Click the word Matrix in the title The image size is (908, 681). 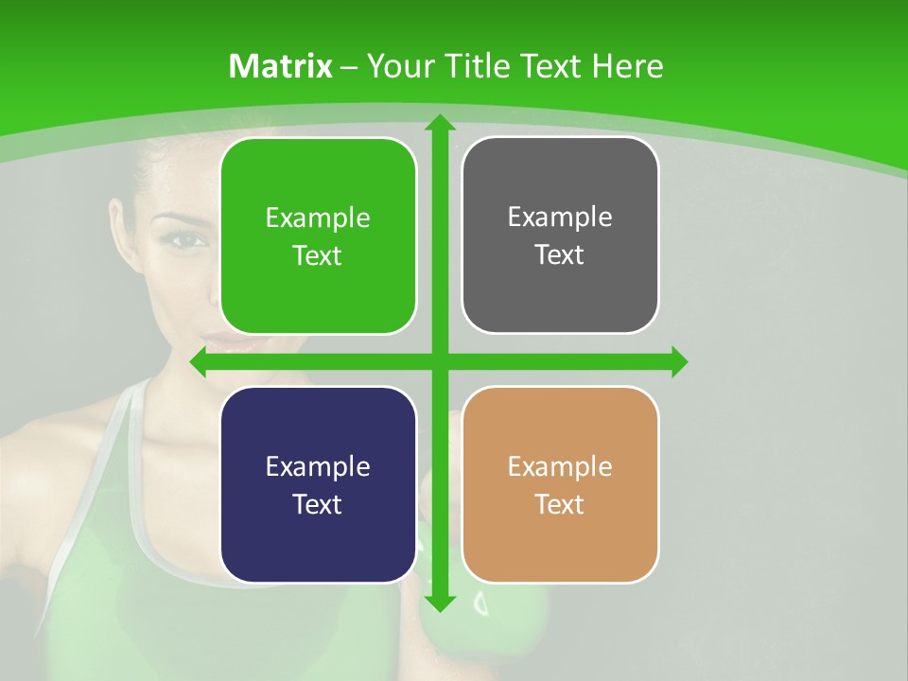click(280, 66)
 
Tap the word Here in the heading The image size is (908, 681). click(627, 66)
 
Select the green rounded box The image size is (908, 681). click(318, 236)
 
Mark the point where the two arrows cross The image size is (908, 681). click(439, 362)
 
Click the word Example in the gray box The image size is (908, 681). click(560, 218)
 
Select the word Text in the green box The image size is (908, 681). click(318, 256)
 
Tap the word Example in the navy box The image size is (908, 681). click(318, 466)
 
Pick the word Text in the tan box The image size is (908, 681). click(560, 505)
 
